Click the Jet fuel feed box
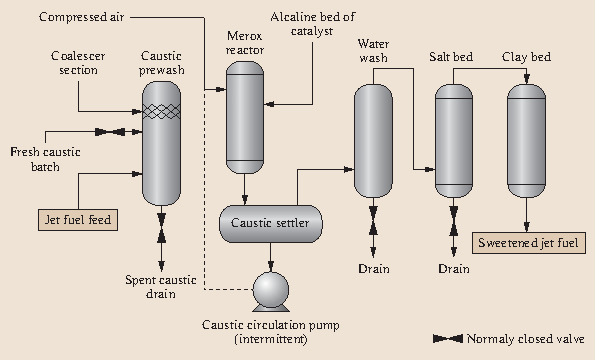click(78, 218)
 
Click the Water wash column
click(373, 140)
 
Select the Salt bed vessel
click(453, 140)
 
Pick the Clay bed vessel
click(526, 140)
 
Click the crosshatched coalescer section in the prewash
click(162, 113)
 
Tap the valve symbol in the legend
click(446, 339)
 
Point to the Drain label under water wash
click(373, 268)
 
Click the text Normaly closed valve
click(525, 339)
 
